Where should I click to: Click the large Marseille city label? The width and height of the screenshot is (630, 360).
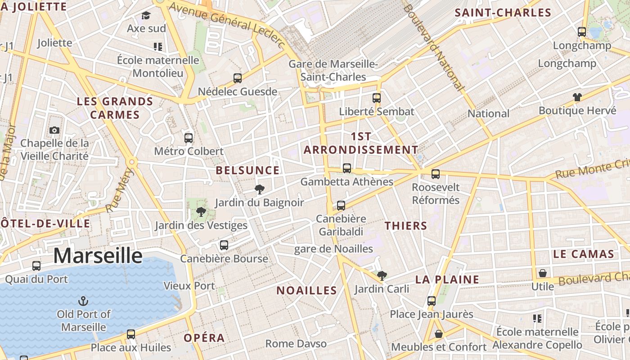[x=98, y=256]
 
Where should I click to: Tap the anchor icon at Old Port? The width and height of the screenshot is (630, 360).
[x=83, y=301]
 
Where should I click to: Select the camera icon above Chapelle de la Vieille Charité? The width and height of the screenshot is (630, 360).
[x=54, y=130]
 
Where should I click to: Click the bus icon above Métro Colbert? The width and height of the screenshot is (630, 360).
[x=189, y=138]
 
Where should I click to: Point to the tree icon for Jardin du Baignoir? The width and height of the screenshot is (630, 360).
[x=259, y=189]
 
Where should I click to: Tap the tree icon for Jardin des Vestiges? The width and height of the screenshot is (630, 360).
[x=201, y=212]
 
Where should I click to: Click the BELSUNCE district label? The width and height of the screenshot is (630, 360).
[x=247, y=171]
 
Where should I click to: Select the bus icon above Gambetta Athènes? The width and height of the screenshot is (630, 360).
[x=346, y=168]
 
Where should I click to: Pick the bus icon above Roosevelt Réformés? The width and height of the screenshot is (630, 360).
[x=435, y=174]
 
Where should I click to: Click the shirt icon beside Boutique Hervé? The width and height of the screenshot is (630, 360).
[x=577, y=97]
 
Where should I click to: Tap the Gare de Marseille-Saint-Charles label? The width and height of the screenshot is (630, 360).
[x=333, y=71]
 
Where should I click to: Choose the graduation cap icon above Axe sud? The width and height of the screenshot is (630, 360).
[x=146, y=16]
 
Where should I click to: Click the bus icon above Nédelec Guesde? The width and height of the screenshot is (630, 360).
[x=238, y=78]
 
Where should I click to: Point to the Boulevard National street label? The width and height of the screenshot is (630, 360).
[x=433, y=47]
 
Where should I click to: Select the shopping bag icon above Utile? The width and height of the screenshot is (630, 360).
[x=543, y=273]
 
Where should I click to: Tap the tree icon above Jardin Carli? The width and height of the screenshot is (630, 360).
[x=382, y=275]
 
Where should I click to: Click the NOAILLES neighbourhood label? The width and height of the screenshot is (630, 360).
[x=306, y=291]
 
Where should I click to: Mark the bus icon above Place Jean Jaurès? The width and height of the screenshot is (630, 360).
[x=431, y=301]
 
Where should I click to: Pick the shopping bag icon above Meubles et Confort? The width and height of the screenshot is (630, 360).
[x=438, y=334]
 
